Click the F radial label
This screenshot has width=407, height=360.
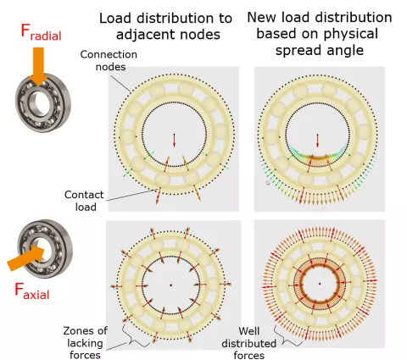[42, 32]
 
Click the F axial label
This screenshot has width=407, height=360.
[32, 291]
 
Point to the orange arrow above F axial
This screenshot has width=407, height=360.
[26, 258]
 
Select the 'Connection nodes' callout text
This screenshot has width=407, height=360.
[109, 60]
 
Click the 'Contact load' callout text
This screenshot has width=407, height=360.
[84, 201]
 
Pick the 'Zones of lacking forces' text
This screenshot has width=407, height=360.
[85, 343]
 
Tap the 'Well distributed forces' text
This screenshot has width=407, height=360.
[249, 343]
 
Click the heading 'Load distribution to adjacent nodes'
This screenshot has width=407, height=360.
[166, 26]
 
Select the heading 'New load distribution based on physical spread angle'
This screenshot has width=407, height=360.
[320, 34]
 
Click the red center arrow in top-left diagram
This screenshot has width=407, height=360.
[174, 141]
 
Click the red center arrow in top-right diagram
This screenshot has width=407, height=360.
[317, 141]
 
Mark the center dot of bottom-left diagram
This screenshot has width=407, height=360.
[170, 285]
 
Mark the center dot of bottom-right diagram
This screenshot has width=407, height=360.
[320, 284]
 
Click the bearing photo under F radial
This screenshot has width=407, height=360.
[43, 103]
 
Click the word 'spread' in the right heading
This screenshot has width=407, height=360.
[302, 51]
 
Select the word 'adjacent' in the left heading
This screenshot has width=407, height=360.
[148, 35]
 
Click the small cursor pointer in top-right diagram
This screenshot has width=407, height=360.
[268, 183]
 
